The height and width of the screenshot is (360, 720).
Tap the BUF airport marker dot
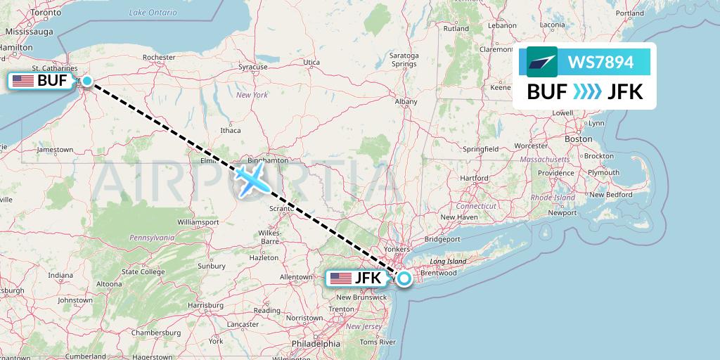(87, 81)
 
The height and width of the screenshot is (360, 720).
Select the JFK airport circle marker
(404, 278)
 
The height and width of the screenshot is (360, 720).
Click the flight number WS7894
(595, 63)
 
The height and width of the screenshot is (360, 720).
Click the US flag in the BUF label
(23, 81)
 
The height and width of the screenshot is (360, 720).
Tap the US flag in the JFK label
(341, 278)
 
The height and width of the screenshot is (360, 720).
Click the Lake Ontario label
(152, 13)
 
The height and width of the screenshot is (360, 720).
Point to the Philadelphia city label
(317, 344)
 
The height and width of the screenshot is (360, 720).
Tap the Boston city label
(578, 139)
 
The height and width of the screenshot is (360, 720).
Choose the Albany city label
(406, 102)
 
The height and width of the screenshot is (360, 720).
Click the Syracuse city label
(252, 67)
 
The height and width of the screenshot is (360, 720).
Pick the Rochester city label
(158, 58)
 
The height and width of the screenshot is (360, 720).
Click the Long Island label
(448, 262)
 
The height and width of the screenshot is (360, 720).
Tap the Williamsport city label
(198, 221)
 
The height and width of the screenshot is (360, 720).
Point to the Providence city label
(556, 173)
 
